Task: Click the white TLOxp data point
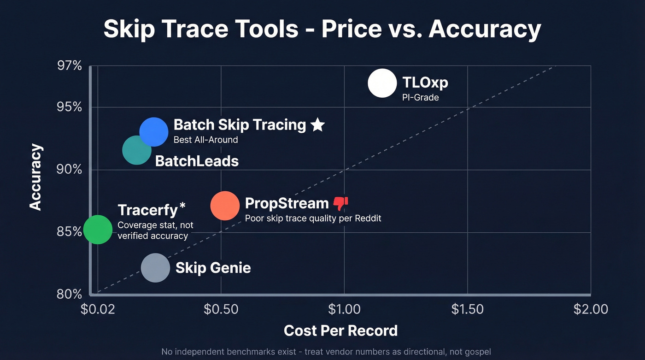click(382, 83)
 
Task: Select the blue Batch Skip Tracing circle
click(154, 132)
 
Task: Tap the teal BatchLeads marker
click(137, 150)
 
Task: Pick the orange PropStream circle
click(225, 206)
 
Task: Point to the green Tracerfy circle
click(98, 229)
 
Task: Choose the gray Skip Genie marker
click(155, 268)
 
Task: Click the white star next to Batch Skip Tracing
click(317, 124)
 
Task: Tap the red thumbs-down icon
click(340, 203)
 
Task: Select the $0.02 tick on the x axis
click(97, 309)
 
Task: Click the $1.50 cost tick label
click(467, 309)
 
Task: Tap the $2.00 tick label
click(591, 309)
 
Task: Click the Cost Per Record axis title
click(340, 330)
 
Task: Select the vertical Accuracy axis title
click(36, 177)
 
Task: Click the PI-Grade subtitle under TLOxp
click(420, 98)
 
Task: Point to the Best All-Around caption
click(205, 140)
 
